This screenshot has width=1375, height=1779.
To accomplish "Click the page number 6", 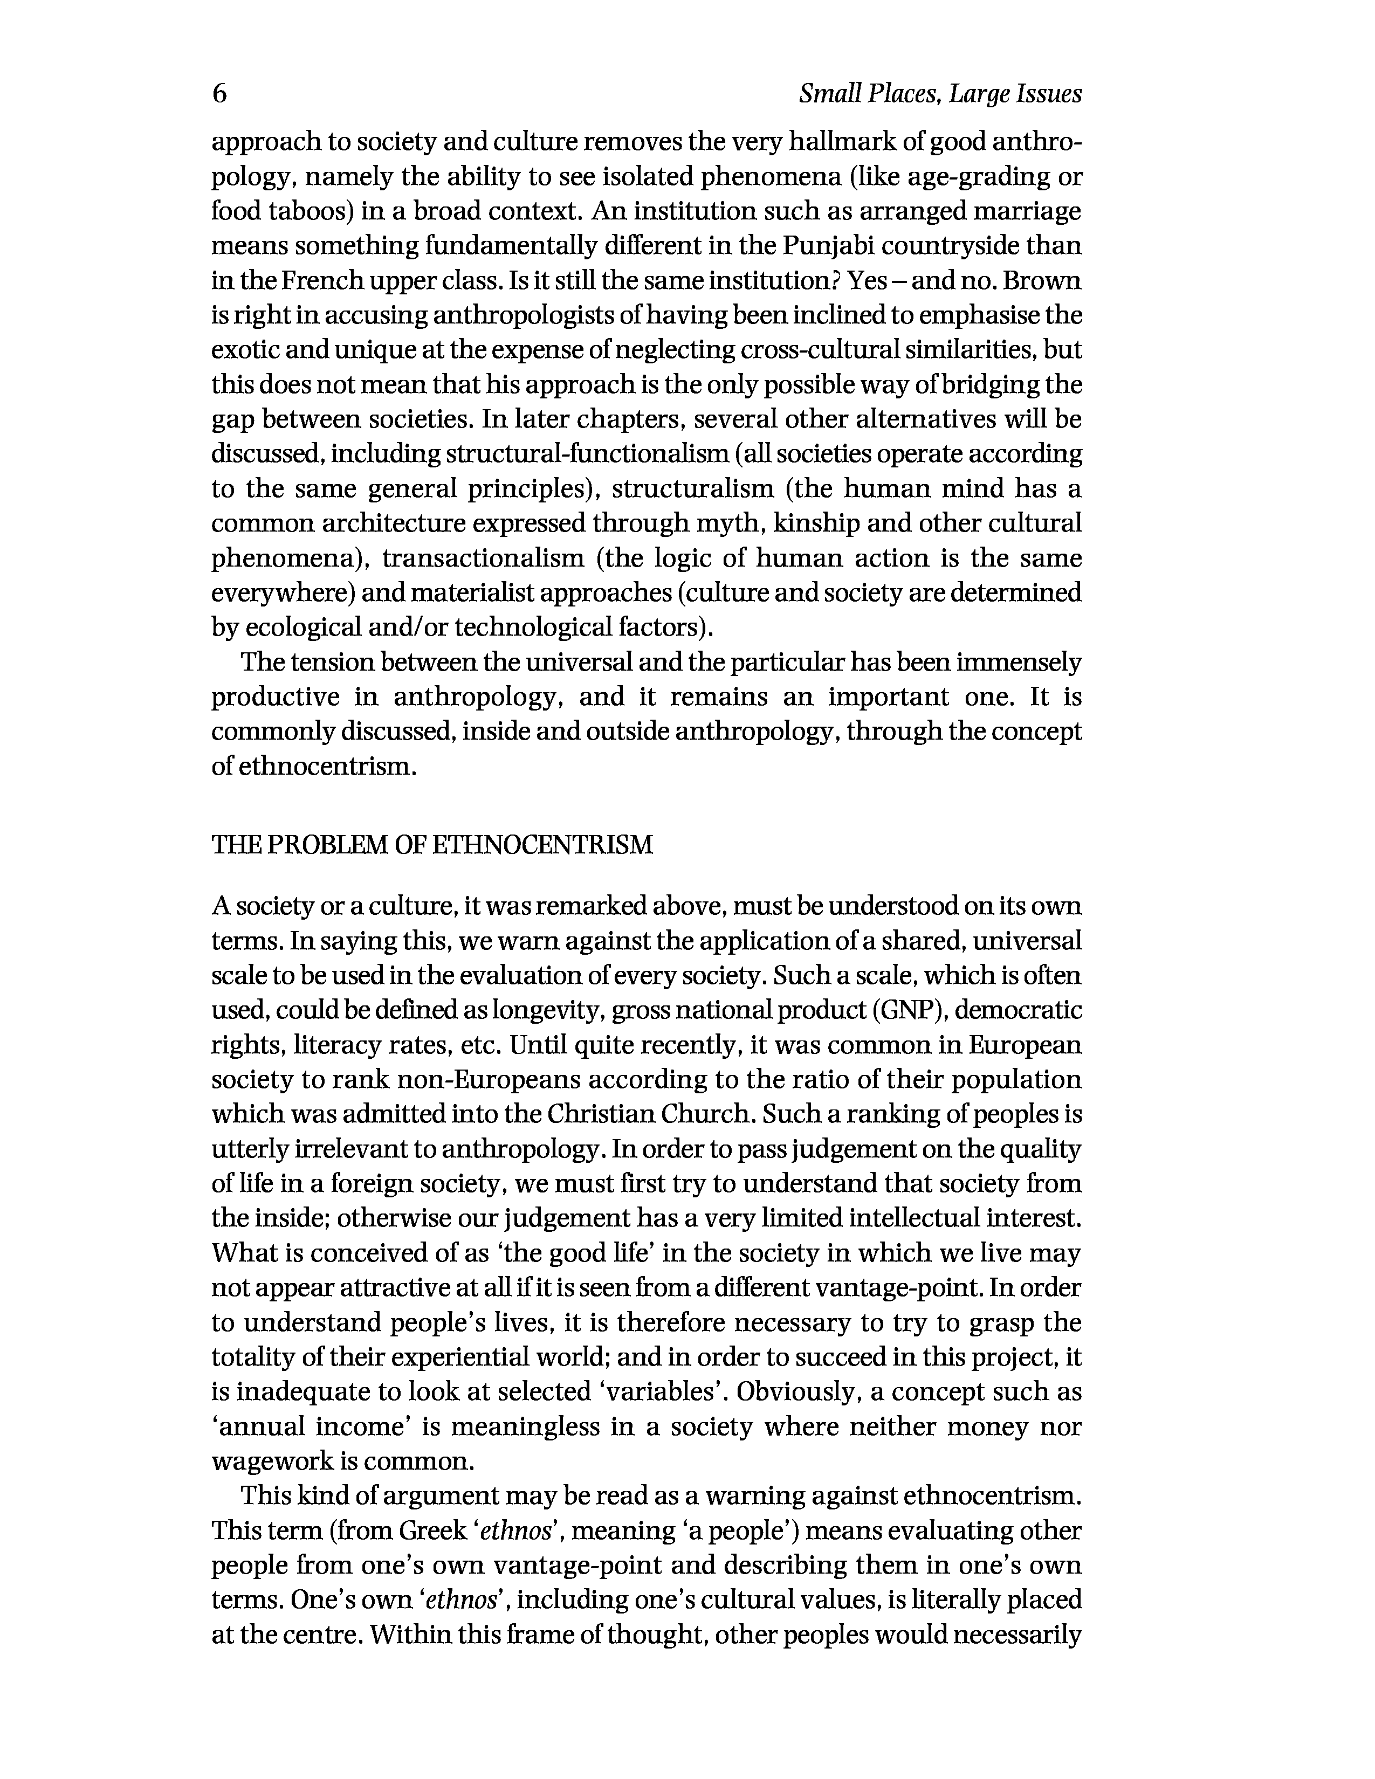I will (219, 94).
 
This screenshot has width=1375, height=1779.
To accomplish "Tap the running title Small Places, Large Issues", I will (940, 94).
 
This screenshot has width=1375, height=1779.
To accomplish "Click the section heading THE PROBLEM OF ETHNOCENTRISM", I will (432, 845).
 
